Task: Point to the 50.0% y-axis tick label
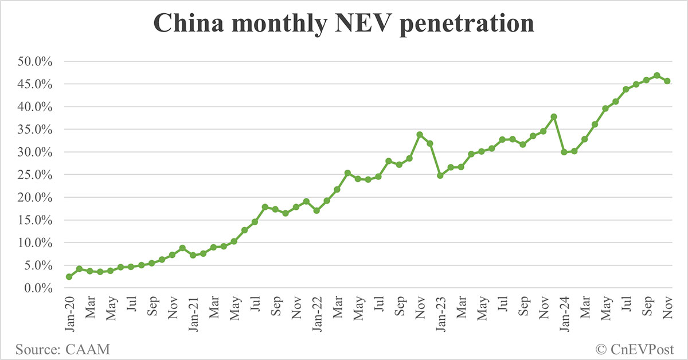point(36,61)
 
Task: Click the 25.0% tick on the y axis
point(36,175)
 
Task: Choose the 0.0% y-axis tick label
point(38,288)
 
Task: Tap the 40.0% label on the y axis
point(36,107)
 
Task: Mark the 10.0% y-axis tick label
point(36,243)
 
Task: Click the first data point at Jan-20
point(69,277)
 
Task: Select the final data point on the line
point(667,81)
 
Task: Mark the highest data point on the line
point(657,76)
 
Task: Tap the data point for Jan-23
point(440,175)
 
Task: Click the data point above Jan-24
point(564,152)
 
